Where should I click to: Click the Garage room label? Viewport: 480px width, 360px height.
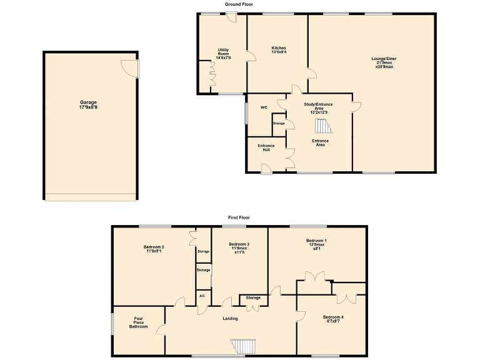88,104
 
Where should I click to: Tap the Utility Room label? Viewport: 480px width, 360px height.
224,54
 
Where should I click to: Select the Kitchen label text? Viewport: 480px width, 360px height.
279,50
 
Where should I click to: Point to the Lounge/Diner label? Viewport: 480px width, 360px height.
384,62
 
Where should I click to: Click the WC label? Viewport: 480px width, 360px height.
264,107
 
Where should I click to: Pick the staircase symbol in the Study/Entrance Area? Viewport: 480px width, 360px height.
323,127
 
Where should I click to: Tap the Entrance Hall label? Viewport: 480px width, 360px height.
266,148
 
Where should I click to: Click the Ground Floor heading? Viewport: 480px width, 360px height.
239,4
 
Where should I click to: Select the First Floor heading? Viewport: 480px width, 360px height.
239,217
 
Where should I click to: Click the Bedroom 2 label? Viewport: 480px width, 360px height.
154,249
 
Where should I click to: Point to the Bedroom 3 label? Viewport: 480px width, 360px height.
239,247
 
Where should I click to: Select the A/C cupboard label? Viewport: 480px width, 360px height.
202,296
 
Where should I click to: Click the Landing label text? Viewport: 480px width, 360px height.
230,319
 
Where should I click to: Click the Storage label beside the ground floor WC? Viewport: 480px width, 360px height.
279,124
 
